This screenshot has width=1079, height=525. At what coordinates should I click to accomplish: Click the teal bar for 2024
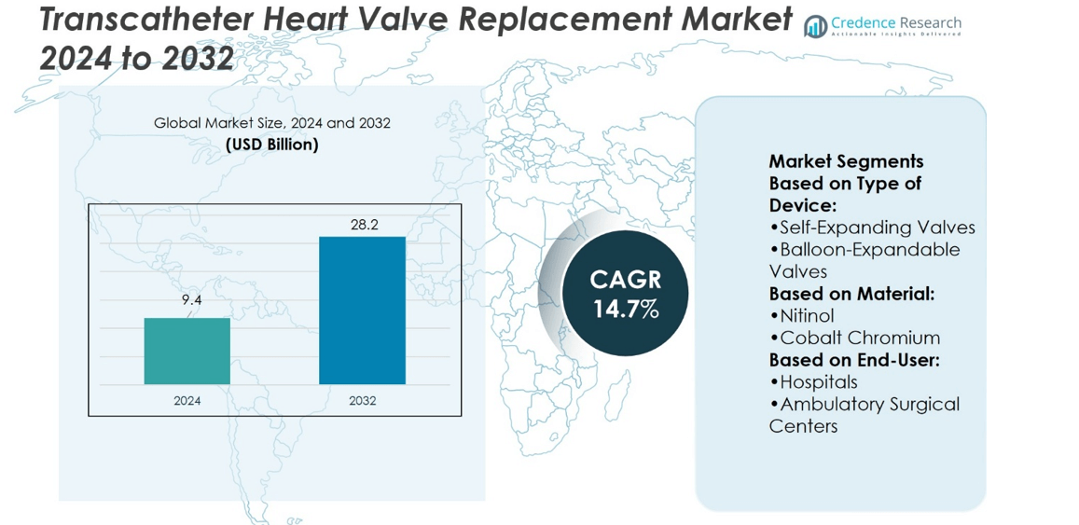tap(187, 351)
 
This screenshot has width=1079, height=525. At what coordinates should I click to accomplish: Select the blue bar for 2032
tap(362, 310)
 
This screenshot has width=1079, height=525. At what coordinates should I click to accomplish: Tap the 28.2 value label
tap(363, 225)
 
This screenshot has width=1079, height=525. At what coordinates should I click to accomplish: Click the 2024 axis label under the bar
tap(187, 401)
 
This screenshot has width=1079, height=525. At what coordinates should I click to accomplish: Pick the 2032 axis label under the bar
tap(363, 401)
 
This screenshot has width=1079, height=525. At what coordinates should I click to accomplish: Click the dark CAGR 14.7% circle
tap(626, 294)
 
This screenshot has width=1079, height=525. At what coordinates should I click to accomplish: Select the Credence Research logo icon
tap(816, 26)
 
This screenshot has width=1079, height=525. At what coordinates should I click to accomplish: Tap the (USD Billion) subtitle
tap(272, 145)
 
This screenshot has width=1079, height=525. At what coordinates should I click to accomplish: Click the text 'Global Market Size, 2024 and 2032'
tap(272, 123)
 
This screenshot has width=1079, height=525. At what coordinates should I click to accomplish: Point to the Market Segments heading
tap(846, 161)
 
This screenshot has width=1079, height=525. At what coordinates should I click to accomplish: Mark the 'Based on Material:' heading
tap(851, 294)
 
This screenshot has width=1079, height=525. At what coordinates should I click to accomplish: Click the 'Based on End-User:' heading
tap(853, 360)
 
